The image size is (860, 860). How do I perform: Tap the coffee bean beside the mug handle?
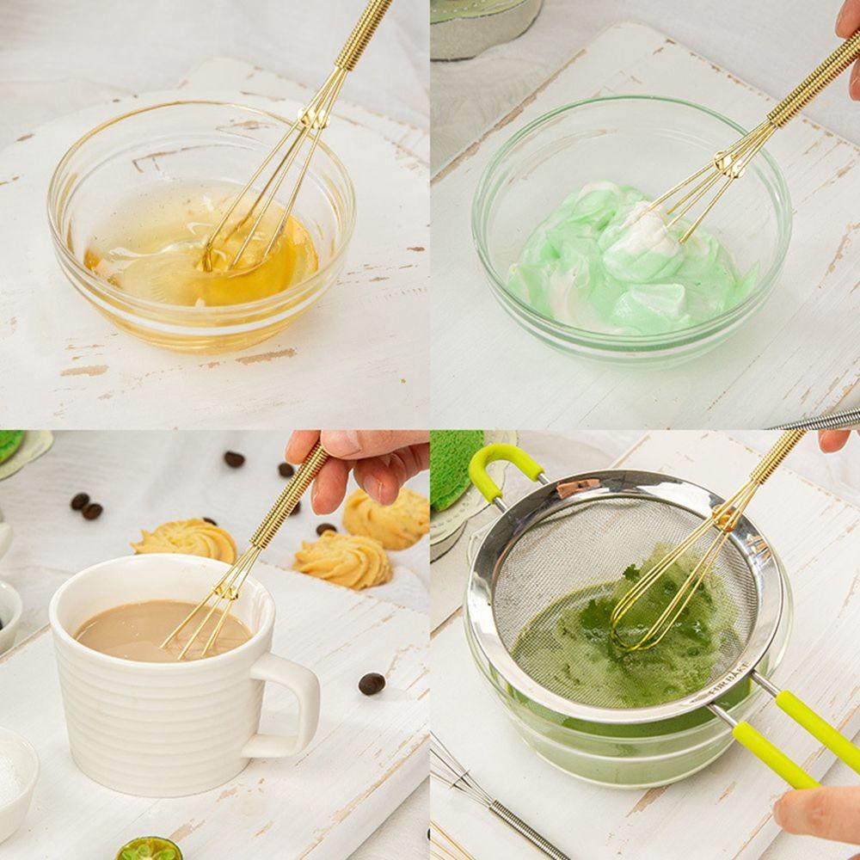coord(372,684)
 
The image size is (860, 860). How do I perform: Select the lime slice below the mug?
coord(149,849)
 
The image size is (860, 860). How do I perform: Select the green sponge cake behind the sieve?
coord(456,469)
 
